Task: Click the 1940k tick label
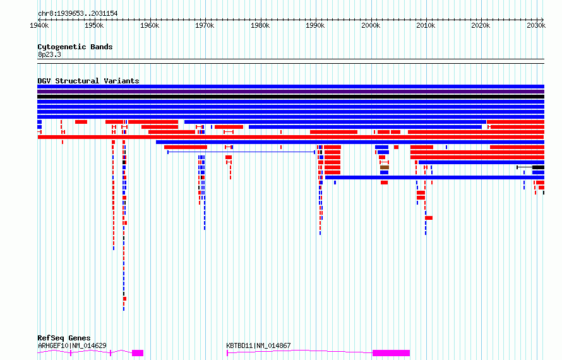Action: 39,25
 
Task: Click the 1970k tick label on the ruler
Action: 205,25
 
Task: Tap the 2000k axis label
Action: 371,25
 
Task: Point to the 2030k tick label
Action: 536,25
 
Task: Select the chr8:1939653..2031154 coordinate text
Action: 78,14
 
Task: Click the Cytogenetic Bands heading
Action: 75,47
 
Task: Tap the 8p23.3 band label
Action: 49,54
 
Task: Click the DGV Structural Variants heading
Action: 88,81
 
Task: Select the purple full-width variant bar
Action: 290,92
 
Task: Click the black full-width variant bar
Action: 290,97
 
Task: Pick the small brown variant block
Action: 385,167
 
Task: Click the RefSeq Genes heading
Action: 64,338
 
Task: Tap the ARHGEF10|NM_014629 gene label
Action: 72,345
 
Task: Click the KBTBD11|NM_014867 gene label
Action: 258,345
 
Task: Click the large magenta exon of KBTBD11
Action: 391,353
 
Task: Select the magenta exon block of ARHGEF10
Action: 138,353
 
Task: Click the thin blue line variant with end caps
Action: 241,152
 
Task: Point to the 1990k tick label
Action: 315,25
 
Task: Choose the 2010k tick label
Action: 426,25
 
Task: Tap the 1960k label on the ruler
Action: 150,25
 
